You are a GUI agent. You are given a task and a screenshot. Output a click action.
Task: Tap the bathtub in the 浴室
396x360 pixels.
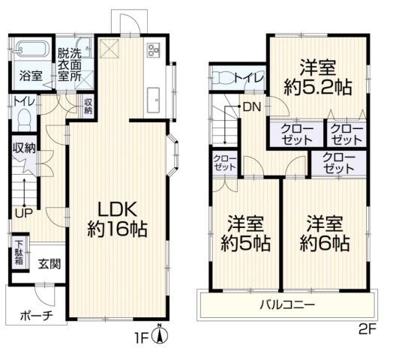(31, 48)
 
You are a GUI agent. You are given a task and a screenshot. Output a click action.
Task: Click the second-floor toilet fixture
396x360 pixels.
(225, 77)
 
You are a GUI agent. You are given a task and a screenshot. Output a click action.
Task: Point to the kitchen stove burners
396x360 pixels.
(153, 49)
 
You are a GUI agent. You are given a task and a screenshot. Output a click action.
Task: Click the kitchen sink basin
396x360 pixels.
(153, 100)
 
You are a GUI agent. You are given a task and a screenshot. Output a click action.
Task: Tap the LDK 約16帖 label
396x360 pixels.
(118, 220)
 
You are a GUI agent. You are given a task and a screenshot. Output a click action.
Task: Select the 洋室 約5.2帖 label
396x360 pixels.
(318, 77)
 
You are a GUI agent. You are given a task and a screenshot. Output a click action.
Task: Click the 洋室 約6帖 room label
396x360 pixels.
(325, 233)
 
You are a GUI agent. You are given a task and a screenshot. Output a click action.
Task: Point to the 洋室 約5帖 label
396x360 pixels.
(245, 233)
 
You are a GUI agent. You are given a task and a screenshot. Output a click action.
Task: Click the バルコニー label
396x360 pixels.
(288, 304)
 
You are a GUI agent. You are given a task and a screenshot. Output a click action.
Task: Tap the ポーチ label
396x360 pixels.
(37, 316)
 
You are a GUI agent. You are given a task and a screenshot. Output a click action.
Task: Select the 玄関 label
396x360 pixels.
(49, 264)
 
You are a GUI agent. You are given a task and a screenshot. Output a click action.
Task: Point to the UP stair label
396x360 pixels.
(24, 214)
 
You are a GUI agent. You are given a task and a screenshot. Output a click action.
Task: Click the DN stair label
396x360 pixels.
(251, 107)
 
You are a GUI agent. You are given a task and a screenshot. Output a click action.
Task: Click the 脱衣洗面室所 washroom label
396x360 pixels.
(70, 64)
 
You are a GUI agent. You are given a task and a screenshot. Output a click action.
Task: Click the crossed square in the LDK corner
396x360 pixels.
(109, 49)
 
